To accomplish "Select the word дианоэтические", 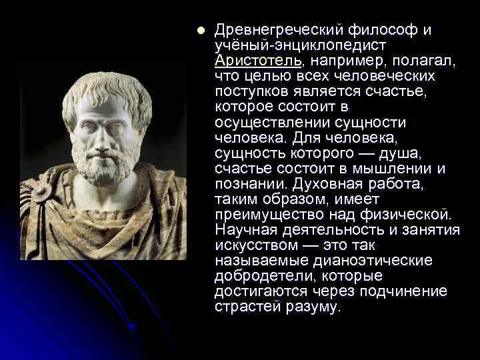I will point(376,261).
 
